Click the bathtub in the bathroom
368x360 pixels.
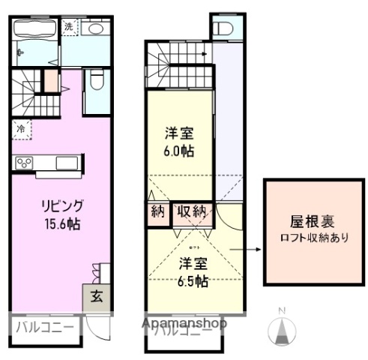pos(34,31)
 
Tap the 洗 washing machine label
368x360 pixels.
pos(69,27)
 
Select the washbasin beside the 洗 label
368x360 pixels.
pos(94,29)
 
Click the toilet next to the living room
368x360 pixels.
pos(96,79)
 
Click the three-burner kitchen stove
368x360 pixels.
pos(24,164)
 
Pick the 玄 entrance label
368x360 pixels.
pos(97,295)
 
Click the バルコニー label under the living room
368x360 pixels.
pos(43,327)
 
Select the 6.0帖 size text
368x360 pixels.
pos(180,151)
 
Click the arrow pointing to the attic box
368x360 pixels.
pos(244,253)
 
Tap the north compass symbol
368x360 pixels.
pos(283,330)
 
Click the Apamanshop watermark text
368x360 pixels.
pos(184,323)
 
